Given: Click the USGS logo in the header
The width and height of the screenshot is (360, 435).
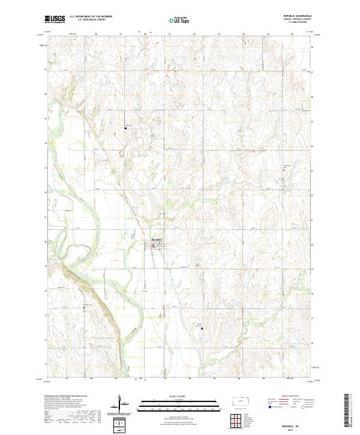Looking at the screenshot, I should (x=55, y=19).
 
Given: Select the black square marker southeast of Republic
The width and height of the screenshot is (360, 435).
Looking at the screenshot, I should (x=202, y=328).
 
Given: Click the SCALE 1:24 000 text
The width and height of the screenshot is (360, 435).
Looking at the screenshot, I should (x=179, y=395).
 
